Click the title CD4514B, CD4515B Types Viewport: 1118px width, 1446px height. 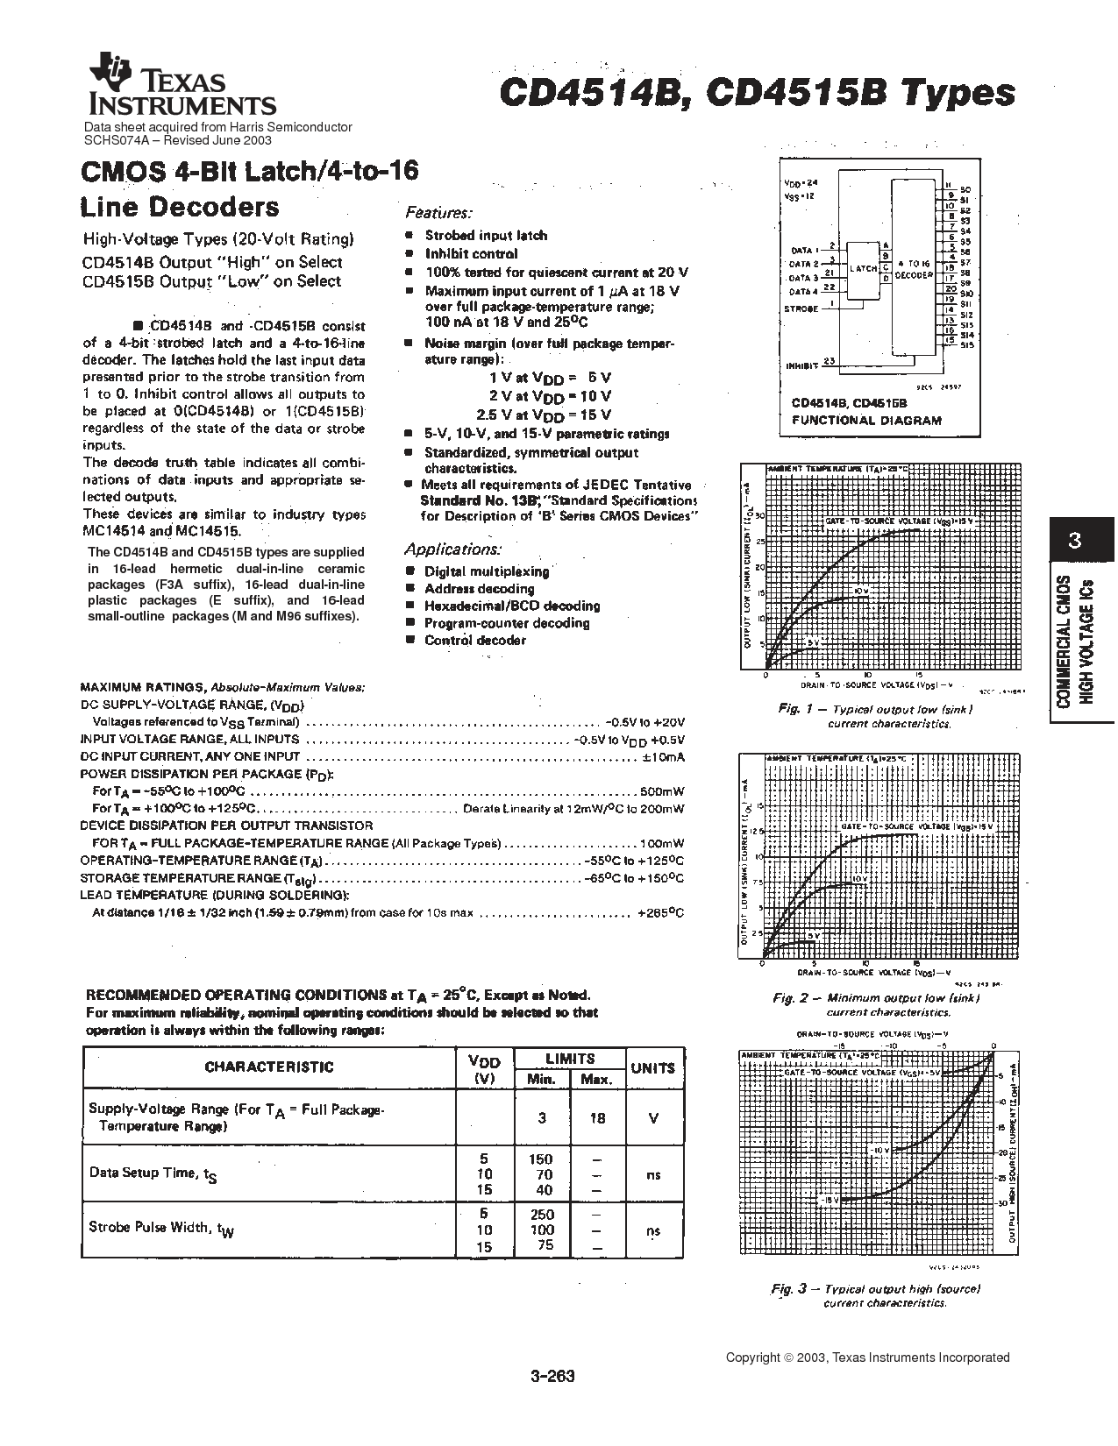point(757,92)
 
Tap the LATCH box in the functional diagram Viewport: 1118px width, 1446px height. point(863,269)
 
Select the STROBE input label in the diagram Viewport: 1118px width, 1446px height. point(801,308)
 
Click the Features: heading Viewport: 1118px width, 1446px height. point(438,213)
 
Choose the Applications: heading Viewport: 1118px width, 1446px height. point(452,549)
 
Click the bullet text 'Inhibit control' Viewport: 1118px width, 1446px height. point(471,253)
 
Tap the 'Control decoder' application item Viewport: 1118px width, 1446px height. point(474,640)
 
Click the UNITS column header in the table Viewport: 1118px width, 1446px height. point(653,1067)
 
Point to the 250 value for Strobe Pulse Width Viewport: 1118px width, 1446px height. point(542,1214)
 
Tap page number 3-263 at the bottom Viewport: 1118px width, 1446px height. point(552,1376)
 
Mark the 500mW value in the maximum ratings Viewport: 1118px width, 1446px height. point(666,790)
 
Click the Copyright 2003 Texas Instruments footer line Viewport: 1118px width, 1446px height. point(867,1357)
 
